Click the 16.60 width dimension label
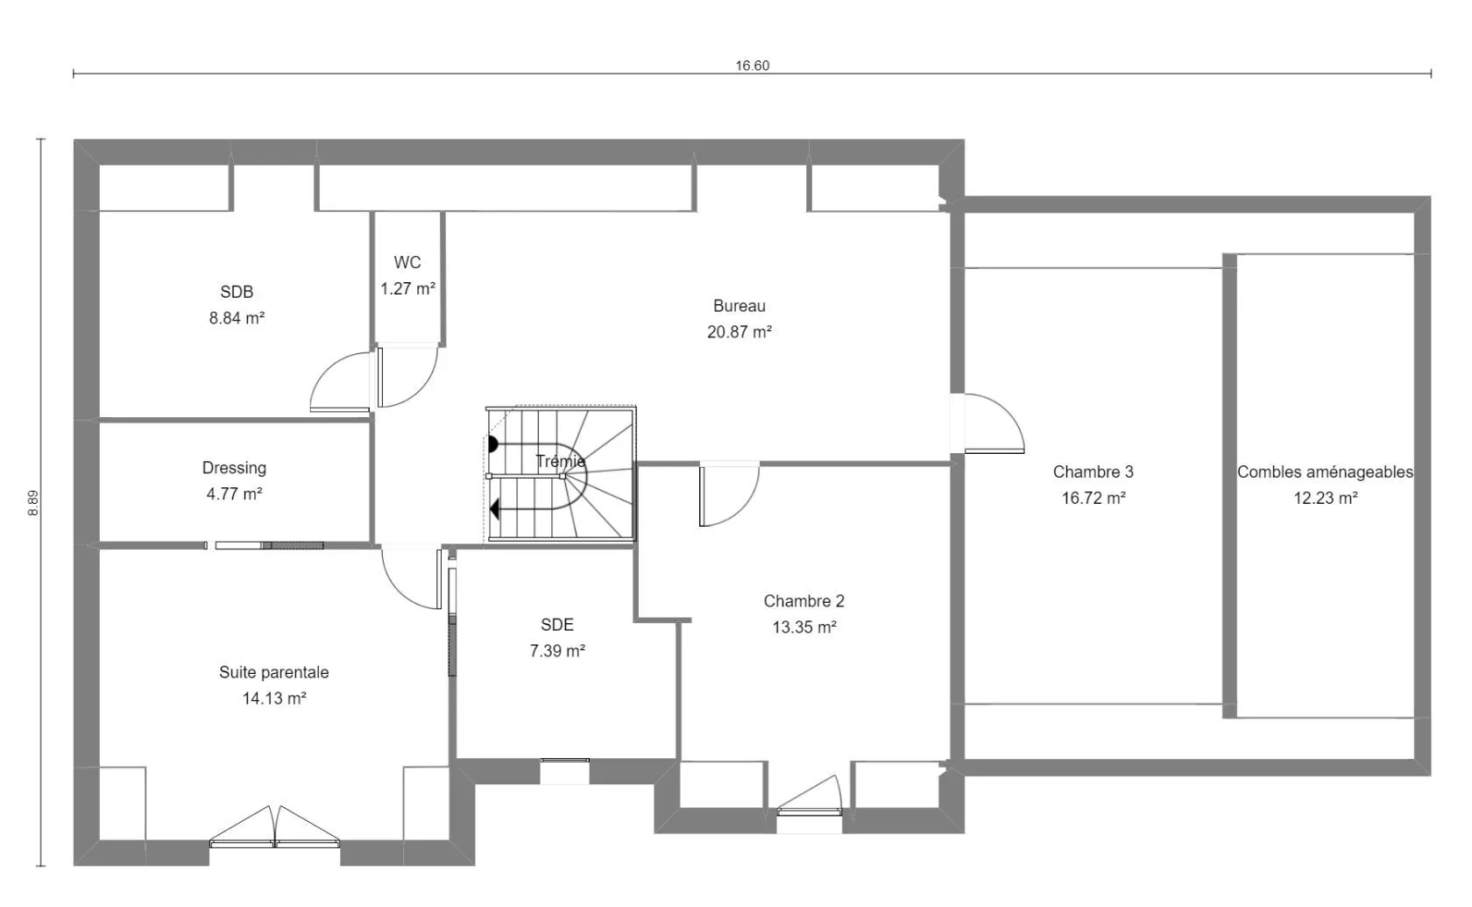point(752,66)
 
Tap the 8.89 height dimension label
point(33,503)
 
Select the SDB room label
point(237,292)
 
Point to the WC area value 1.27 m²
point(407,288)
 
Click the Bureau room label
point(740,306)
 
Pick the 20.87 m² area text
point(740,332)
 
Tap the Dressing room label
point(234,468)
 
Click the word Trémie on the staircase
point(561,461)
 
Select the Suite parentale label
point(274,672)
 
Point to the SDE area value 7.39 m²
point(557,650)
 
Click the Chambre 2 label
point(803,601)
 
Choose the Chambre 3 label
point(1093,471)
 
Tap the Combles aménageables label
point(1325,471)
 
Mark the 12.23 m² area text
point(1326,498)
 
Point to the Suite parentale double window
point(275,827)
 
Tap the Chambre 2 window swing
point(809,795)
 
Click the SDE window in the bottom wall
point(564,761)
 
